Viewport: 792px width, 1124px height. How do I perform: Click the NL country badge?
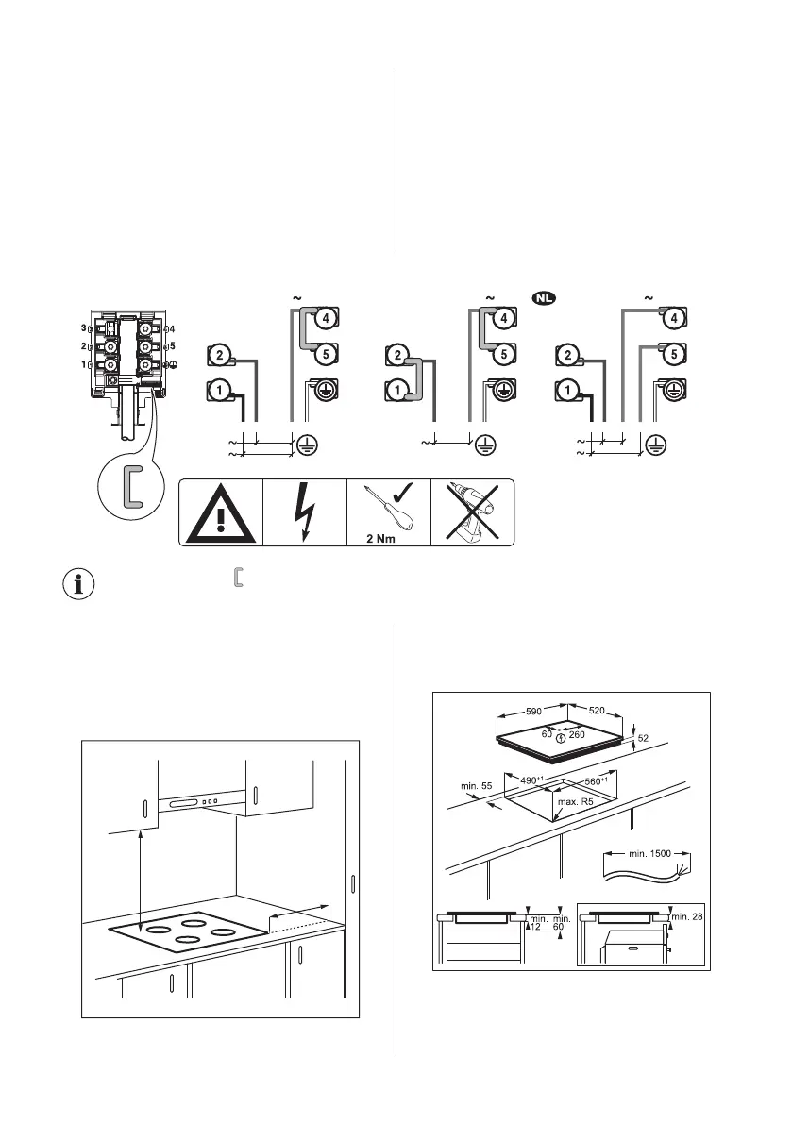tap(543, 298)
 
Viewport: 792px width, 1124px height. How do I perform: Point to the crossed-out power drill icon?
tap(472, 512)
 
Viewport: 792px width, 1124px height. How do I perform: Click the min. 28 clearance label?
tap(686, 916)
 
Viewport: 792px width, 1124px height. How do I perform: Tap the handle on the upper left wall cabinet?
tap(144, 811)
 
